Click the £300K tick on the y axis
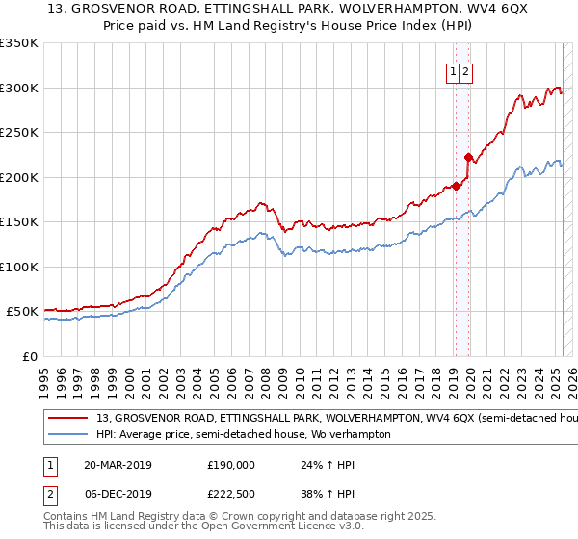pos(19,88)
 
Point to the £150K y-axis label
pos(19,221)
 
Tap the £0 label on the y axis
pos(30,356)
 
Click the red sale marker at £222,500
pos(468,157)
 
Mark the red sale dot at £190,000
pos(456,187)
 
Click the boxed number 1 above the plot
pos(453,71)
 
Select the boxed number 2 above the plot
pos(465,71)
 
